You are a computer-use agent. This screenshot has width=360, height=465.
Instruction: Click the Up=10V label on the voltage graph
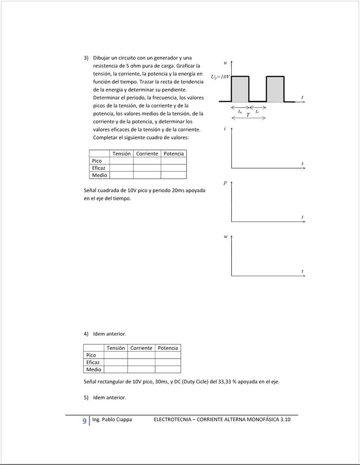point(220,77)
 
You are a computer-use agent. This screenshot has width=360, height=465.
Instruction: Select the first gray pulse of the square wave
point(240,89)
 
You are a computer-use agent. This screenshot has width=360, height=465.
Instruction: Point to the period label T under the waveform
point(248,115)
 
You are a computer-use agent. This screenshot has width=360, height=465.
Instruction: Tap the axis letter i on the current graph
point(225,129)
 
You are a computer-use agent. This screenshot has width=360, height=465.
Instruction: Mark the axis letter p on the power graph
point(225,183)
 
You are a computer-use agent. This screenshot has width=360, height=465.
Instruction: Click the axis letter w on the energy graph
point(226,237)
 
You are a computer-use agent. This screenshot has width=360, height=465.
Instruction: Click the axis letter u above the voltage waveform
point(225,64)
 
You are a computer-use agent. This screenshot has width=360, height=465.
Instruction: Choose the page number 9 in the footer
point(84,420)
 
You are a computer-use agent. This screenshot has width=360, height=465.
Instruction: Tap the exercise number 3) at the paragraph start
point(86,58)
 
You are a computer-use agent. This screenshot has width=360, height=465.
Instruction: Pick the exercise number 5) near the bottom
point(86,398)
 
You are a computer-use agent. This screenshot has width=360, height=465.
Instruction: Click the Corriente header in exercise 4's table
point(141,348)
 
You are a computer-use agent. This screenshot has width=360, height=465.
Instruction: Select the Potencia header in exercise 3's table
point(173,154)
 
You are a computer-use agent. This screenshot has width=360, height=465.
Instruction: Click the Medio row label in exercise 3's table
point(99,175)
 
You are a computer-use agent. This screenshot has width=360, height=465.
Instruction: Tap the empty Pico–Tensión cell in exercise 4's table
point(116,355)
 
